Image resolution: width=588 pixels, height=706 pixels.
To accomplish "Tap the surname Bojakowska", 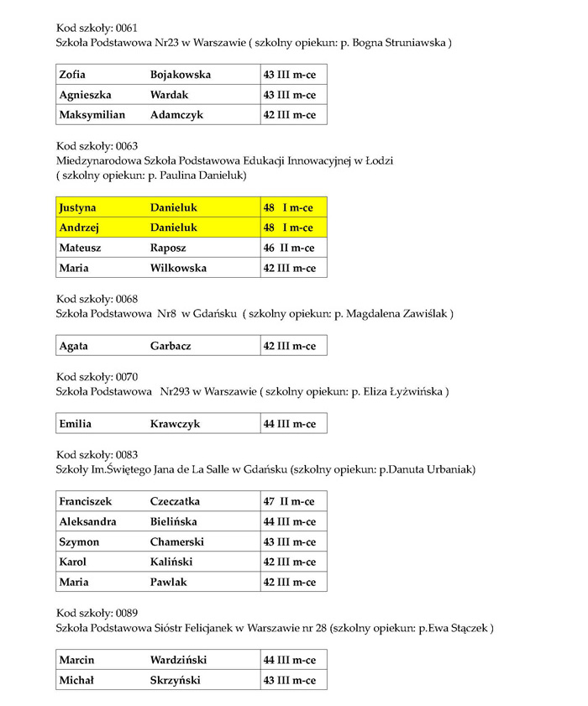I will pos(181,74).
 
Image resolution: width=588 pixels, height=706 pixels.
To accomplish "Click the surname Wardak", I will pos(169,95).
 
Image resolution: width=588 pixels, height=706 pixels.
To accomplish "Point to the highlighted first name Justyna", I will pos(78,207).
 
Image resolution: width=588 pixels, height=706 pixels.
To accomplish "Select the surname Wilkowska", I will pos(178,268).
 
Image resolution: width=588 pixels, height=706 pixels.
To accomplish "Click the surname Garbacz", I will pos(171,345).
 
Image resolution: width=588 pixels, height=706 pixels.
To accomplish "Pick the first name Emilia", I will pos(76,424).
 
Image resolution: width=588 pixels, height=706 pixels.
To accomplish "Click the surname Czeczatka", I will pos(175,501).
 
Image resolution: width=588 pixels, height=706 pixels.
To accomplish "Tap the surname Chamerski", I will pos(177,541).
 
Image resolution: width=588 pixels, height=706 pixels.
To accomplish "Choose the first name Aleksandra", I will pos(87,521).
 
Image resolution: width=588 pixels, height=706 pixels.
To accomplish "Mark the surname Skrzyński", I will pos(176,679).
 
